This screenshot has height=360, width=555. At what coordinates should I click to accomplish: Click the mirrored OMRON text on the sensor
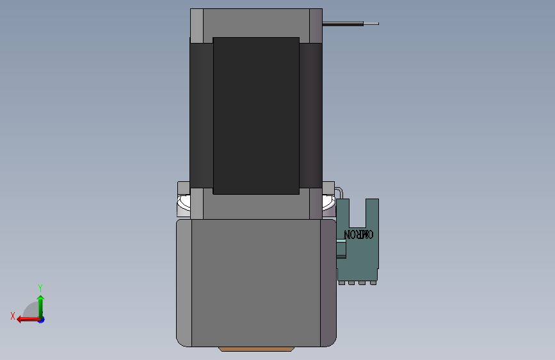coord(358,234)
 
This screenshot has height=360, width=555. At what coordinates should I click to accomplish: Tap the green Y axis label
coord(40,288)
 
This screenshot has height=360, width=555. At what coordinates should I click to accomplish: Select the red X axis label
coord(13,316)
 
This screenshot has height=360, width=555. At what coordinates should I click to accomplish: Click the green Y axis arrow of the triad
coord(41,306)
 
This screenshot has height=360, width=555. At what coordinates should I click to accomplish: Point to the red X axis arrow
coord(28,320)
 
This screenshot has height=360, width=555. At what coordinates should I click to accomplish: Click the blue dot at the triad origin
coord(42,320)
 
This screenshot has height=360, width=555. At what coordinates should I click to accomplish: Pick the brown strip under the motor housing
coord(256,349)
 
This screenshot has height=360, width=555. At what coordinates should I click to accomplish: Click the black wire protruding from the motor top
coord(342,24)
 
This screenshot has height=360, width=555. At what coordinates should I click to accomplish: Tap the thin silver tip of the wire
coord(371,24)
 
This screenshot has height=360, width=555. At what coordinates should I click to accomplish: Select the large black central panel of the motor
coord(256,116)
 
